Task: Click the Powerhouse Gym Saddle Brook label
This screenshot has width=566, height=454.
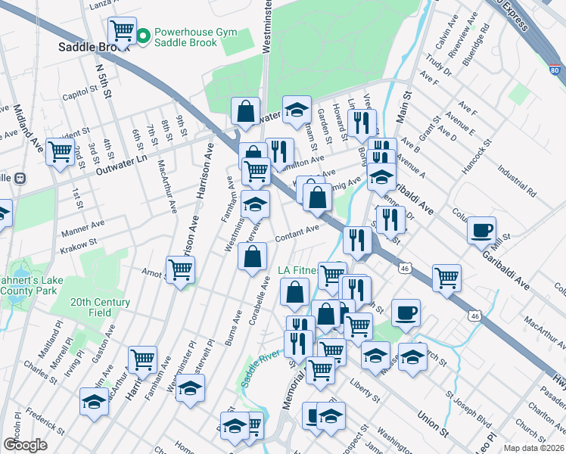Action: (195, 38)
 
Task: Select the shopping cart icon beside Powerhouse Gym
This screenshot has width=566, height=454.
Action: (122, 32)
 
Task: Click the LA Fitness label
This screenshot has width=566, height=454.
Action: (297, 270)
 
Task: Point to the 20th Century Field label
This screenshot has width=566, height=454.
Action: (100, 307)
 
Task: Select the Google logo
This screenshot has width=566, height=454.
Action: (25, 445)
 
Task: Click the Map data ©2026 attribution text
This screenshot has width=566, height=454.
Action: (533, 447)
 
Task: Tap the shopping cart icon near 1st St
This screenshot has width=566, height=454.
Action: (59, 151)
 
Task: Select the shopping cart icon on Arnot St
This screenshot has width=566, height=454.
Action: (180, 269)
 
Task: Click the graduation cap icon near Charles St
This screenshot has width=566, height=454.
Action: (94, 401)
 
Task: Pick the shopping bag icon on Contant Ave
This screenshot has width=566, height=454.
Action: (253, 256)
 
